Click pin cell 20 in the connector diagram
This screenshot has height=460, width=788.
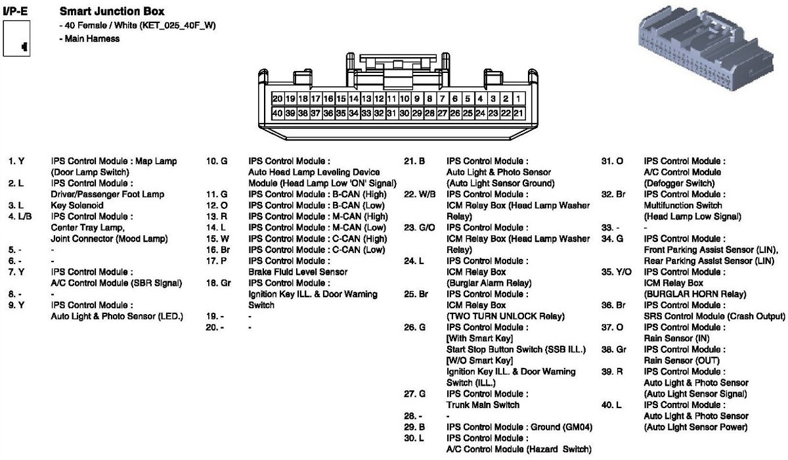point(277,99)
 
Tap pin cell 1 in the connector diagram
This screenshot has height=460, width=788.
point(518,99)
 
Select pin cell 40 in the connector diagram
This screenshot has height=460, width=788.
point(277,113)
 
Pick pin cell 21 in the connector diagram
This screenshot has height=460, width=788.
point(518,113)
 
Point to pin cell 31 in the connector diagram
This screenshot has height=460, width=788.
point(391,113)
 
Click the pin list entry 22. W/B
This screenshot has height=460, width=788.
point(418,194)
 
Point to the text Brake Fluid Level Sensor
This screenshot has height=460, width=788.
point(297,271)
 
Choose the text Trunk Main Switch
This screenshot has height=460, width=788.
point(483,405)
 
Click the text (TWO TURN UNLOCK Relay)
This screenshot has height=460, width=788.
point(505,315)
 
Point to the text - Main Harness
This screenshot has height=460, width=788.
point(89,38)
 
